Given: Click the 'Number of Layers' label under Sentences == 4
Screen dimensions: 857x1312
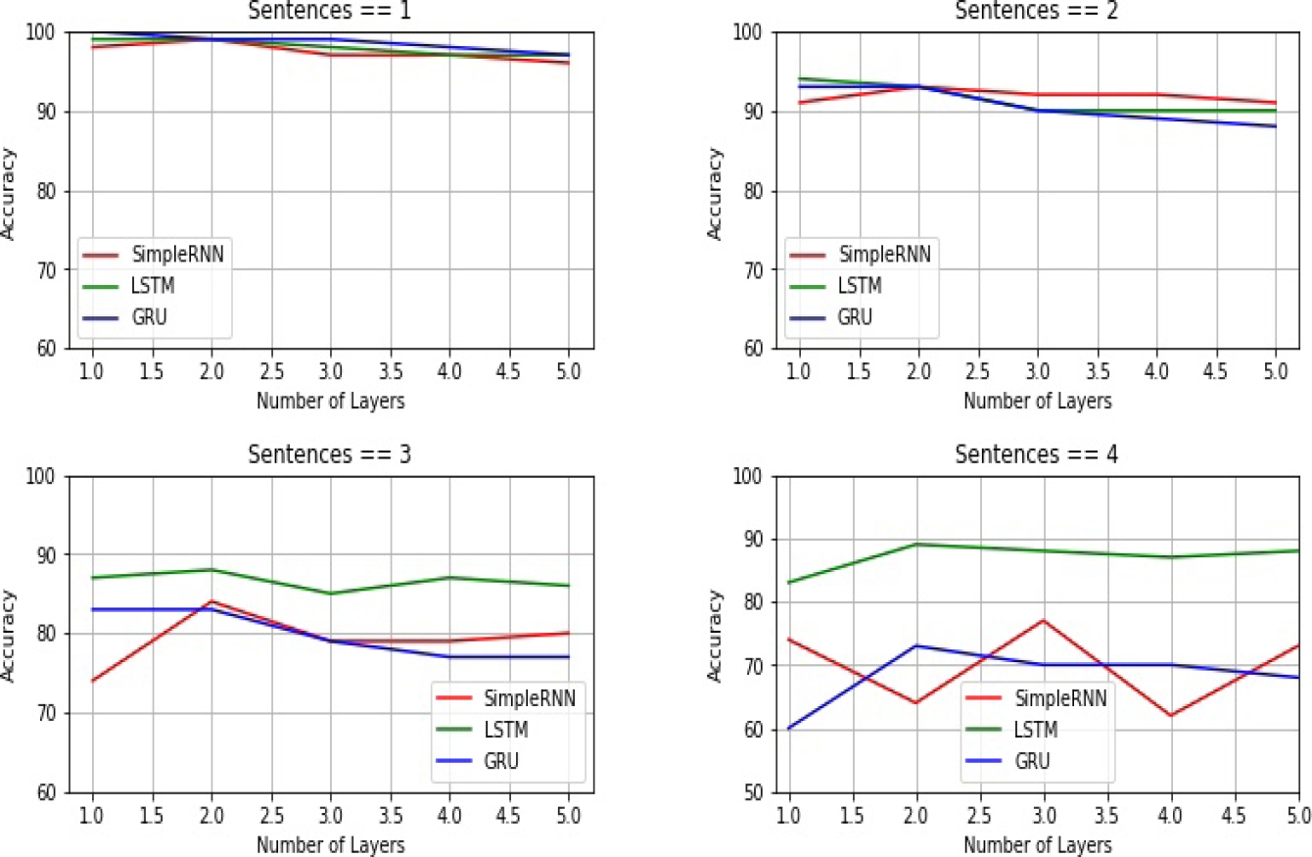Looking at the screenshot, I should point(1038,843).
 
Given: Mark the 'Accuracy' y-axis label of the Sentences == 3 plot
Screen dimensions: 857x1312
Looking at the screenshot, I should point(9,635).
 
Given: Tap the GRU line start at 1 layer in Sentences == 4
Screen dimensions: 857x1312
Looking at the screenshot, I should point(788,728).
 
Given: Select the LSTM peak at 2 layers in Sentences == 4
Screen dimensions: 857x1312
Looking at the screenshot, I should point(916,544).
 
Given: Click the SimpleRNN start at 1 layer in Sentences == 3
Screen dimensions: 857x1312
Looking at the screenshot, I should point(92,681).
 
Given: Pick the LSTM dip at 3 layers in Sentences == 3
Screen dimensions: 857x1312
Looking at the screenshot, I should point(331,594).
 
